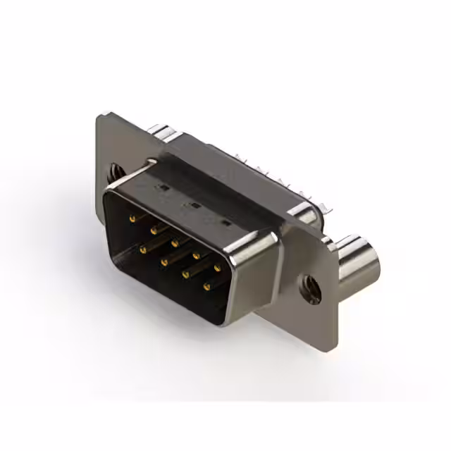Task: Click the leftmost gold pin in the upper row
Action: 131,219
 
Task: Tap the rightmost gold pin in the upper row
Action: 216,268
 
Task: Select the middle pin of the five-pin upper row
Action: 174,242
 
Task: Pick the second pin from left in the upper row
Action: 153,230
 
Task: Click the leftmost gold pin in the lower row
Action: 143,249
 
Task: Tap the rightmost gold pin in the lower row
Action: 207,286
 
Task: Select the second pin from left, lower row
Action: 164,261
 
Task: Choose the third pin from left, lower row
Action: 186,274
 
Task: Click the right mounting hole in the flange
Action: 309,288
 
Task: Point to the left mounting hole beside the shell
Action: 113,171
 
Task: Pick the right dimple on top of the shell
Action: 225,223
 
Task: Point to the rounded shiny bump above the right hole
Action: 304,212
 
